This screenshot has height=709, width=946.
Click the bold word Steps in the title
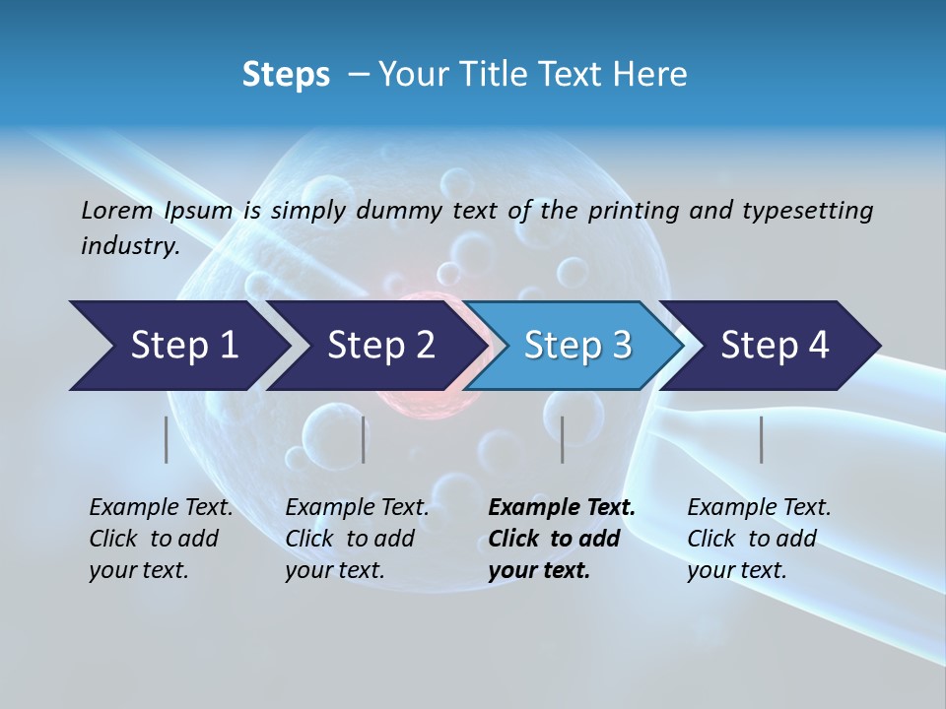pyautogui.click(x=286, y=74)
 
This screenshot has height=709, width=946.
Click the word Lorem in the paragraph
pyautogui.click(x=116, y=210)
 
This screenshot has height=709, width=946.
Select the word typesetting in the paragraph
pyautogui.click(x=807, y=210)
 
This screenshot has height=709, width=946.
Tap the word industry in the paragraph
pyautogui.click(x=129, y=245)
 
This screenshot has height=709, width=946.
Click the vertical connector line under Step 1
pyautogui.click(x=167, y=439)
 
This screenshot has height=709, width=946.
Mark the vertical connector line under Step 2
pyautogui.click(x=364, y=439)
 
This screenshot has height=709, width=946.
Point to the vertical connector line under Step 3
pyautogui.click(x=562, y=439)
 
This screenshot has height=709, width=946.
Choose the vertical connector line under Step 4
pyautogui.click(x=762, y=439)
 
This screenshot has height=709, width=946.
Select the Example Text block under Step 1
pyautogui.click(x=161, y=539)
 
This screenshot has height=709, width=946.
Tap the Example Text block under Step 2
pyautogui.click(x=357, y=539)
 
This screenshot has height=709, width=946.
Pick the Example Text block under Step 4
pyautogui.click(x=759, y=539)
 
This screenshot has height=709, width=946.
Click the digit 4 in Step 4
pyautogui.click(x=818, y=346)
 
